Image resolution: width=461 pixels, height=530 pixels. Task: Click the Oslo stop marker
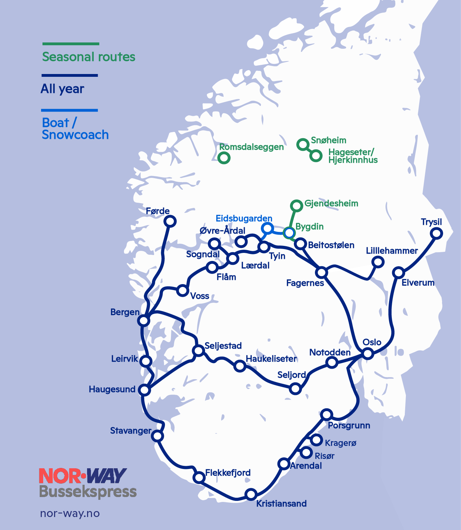pyautogui.click(x=368, y=353)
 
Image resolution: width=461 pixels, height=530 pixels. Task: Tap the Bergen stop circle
pyautogui.click(x=144, y=320)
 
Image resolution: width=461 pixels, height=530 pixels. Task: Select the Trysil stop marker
pyautogui.click(x=436, y=233)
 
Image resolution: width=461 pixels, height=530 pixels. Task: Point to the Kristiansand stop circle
pyautogui.click(x=251, y=494)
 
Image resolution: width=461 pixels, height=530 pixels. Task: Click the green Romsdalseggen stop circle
pyautogui.click(x=224, y=158)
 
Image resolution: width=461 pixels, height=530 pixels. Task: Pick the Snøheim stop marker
pyautogui.click(x=302, y=145)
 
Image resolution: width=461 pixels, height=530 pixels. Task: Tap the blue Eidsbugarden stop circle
pyautogui.click(x=267, y=228)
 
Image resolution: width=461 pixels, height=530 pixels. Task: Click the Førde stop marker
pyautogui.click(x=170, y=221)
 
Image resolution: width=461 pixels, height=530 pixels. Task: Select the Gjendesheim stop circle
pyautogui.click(x=297, y=206)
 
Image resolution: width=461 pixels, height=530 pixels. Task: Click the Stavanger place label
pyautogui.click(x=131, y=431)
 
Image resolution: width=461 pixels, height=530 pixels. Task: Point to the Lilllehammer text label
pyautogui.click(x=391, y=251)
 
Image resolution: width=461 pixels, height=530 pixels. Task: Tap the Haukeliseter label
pyautogui.click(x=271, y=359)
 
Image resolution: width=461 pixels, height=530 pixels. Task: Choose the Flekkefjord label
pyautogui.click(x=228, y=472)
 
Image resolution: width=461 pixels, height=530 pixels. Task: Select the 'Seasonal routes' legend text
pyautogui.click(x=88, y=57)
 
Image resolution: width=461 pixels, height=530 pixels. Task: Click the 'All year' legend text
pyautogui.click(x=62, y=89)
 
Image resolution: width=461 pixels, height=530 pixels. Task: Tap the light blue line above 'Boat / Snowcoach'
pyautogui.click(x=70, y=110)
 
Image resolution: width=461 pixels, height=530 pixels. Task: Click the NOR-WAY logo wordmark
pyautogui.click(x=83, y=476)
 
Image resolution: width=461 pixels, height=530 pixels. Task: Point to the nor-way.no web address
pyautogui.click(x=70, y=514)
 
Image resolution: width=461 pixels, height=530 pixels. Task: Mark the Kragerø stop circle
pyautogui.click(x=316, y=440)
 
